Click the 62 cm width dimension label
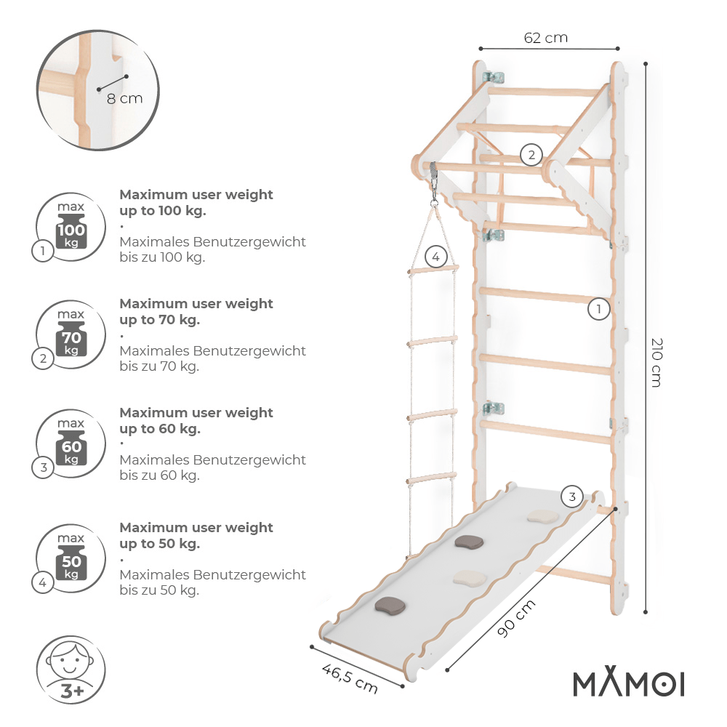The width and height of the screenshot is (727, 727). [x=545, y=38]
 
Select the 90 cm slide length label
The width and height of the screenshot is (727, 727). [x=517, y=619]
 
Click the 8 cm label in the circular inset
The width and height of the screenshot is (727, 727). [x=124, y=98]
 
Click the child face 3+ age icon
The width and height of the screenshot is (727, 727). [x=71, y=670]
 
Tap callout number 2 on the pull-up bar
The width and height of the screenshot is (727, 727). [x=531, y=154]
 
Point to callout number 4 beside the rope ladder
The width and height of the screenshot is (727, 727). [x=435, y=256]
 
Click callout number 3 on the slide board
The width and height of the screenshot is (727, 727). [x=572, y=497]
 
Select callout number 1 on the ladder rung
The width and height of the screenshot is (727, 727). [x=598, y=309]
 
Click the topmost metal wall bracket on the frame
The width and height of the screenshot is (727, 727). [x=496, y=77]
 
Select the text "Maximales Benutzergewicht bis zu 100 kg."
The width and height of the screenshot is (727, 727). [x=212, y=249]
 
